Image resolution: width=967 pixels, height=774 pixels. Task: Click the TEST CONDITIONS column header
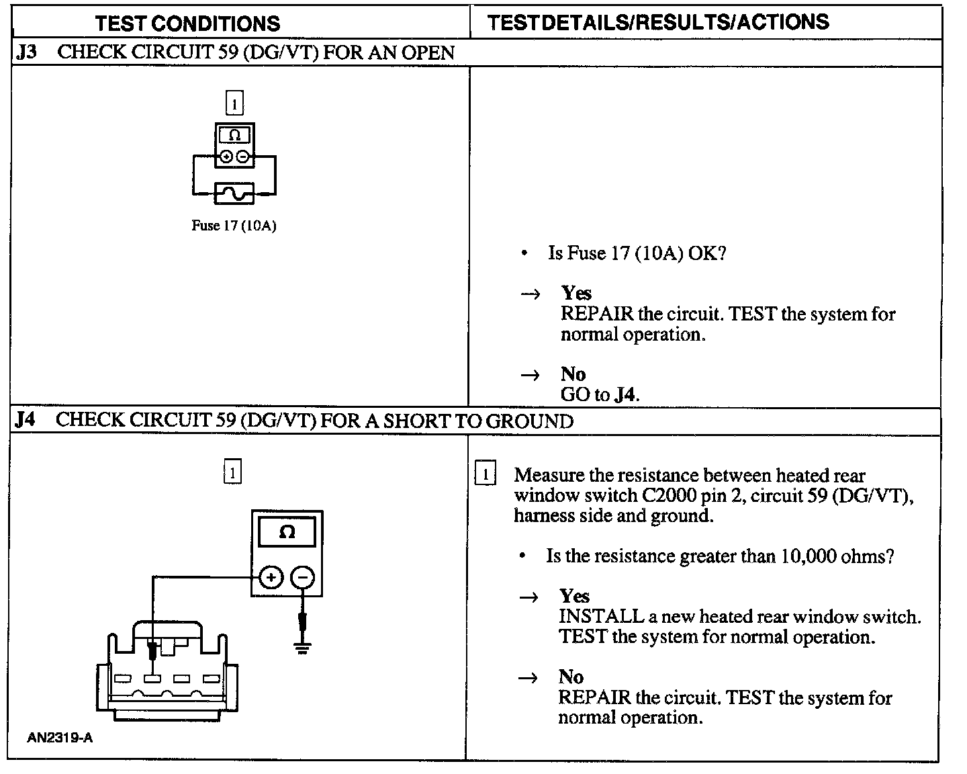[x=187, y=24]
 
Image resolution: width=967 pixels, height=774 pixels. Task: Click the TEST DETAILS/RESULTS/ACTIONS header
[x=658, y=22]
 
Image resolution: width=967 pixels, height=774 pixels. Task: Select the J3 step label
[x=26, y=52]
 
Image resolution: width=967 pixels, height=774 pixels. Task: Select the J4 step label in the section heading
[x=25, y=420]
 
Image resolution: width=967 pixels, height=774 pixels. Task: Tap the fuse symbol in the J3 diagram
[x=234, y=193]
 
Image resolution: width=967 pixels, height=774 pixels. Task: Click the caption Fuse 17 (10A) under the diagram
[x=234, y=226]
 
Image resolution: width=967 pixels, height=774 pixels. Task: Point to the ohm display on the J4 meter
[x=287, y=532]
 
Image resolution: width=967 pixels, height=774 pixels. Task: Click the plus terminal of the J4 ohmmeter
[x=271, y=577]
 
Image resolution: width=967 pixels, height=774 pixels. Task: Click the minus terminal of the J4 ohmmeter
[x=303, y=577]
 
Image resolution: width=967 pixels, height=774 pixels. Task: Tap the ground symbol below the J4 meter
[x=303, y=648]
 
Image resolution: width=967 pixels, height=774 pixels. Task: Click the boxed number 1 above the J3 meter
[x=234, y=104]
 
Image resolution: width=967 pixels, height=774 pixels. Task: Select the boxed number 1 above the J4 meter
[x=232, y=472]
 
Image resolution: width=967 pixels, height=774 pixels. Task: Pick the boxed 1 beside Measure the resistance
[x=486, y=474]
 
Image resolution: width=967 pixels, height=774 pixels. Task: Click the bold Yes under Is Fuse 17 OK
[x=576, y=293]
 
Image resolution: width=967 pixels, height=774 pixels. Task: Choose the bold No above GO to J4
[x=573, y=374]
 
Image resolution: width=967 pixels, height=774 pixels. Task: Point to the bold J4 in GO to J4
[x=625, y=394]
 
